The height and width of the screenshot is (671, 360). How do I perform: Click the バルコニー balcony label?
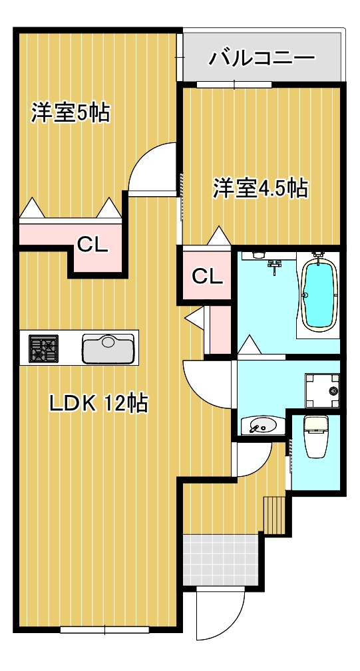[262, 59]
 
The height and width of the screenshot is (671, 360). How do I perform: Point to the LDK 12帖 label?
[99, 403]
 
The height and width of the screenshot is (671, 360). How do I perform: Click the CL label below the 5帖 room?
[92, 245]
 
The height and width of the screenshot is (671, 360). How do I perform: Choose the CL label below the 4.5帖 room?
[207, 277]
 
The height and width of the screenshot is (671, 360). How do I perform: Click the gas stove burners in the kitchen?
[43, 348]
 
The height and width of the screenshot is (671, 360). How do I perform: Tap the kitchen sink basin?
[108, 348]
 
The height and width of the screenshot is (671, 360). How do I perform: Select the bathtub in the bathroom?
[319, 293]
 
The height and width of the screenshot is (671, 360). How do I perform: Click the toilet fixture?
[315, 436]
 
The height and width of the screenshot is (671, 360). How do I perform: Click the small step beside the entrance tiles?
[274, 515]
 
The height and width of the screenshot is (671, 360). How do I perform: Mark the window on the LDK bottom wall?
[104, 630]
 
